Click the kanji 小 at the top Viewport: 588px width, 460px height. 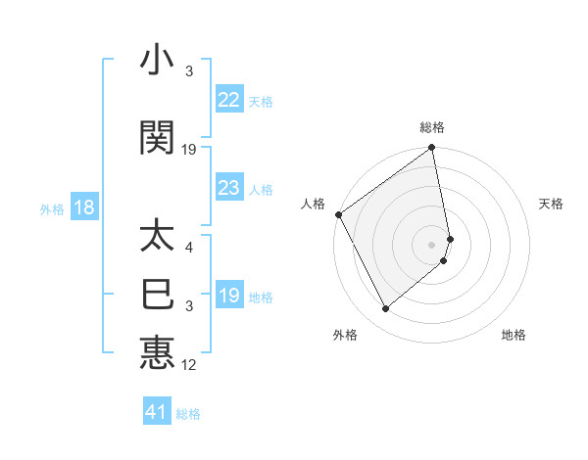pos(157,62)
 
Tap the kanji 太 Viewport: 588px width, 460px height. pos(157,238)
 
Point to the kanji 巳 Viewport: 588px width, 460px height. pos(157,294)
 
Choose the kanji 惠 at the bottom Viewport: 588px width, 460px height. pos(157,351)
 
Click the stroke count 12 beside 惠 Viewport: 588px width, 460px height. pos(189,365)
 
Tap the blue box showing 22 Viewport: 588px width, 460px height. pos(228,100)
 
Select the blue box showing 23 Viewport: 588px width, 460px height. pos(228,188)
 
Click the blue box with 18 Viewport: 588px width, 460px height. pos(83,207)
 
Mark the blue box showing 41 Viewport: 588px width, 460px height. pos(157,412)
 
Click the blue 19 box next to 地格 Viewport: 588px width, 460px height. pos(228,296)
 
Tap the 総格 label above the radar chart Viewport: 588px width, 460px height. pos(432,127)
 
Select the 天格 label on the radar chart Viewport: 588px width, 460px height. pos(552,204)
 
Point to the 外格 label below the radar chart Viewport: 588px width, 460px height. pos(345,335)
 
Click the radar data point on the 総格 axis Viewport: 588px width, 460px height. pos(432,149)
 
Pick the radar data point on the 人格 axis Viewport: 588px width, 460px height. pos(338,214)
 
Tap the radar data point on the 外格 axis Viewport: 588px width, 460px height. pos(385,309)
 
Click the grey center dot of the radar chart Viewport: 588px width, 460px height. pos(432,244)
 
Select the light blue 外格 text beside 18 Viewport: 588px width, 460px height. pos(52,208)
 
